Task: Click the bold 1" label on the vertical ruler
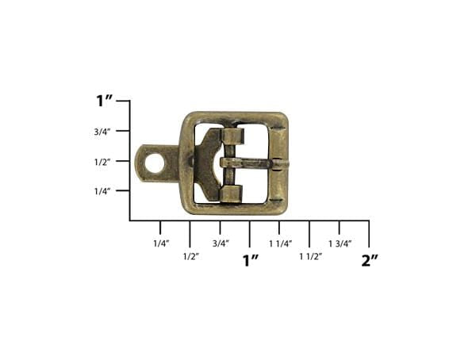tap(104, 101)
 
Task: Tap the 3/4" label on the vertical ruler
tap(102, 132)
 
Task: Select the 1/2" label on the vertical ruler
tap(102, 162)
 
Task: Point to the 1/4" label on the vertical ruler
tap(102, 191)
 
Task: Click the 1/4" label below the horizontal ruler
tap(162, 243)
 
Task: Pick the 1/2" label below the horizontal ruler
tap(191, 257)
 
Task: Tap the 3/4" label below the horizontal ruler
tap(221, 243)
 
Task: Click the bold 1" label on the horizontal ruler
tap(251, 260)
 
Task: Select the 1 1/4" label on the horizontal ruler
tap(281, 243)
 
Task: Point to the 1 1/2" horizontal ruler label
tap(311, 257)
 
